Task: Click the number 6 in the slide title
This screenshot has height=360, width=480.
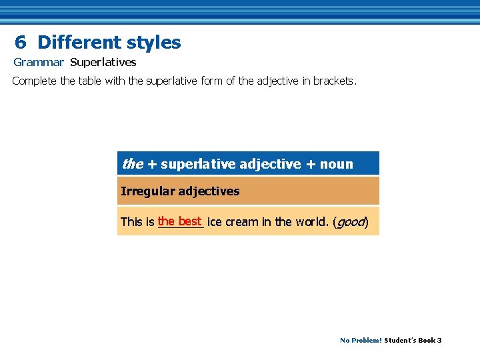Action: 21,43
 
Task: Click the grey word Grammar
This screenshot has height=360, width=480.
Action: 39,63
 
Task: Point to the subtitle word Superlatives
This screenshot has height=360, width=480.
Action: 103,63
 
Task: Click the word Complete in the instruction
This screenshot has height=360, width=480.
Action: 34,81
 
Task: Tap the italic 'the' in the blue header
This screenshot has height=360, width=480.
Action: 131,164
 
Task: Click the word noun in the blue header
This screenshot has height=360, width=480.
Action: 336,164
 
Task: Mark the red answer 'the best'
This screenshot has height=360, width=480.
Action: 180,221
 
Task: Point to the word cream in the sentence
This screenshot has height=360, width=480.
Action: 241,221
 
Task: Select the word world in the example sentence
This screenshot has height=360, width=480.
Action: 310,221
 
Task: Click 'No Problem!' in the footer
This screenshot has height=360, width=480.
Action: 361,340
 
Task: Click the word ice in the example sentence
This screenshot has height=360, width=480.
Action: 214,221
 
